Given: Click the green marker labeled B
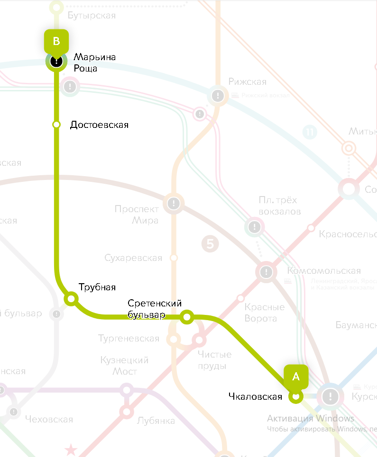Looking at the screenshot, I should click(x=56, y=41).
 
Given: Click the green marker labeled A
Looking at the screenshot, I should click(x=296, y=377).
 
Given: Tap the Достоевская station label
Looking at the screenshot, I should click(x=99, y=125).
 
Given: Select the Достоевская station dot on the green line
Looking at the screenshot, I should click(x=56, y=125).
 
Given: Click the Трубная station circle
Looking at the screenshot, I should click(x=71, y=299).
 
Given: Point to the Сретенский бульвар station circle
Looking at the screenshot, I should click(x=187, y=317).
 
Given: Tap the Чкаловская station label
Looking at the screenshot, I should click(x=255, y=396).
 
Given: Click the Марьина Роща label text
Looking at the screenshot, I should click(x=94, y=63).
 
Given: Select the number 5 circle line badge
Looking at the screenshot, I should click(x=210, y=244).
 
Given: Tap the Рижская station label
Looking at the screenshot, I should click(x=247, y=82).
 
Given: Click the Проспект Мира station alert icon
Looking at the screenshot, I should click(x=174, y=204).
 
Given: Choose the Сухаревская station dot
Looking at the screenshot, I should click(x=174, y=258).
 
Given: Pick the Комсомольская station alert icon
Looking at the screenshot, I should click(x=267, y=272).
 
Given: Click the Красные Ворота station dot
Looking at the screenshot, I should click(x=240, y=298).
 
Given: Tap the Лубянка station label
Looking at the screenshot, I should click(x=156, y=421).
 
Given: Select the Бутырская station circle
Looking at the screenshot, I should click(x=56, y=8).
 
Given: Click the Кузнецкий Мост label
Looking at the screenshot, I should click(x=124, y=366).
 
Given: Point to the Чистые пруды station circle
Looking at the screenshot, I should click(x=199, y=340).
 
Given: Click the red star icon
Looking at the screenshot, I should click(x=71, y=449).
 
